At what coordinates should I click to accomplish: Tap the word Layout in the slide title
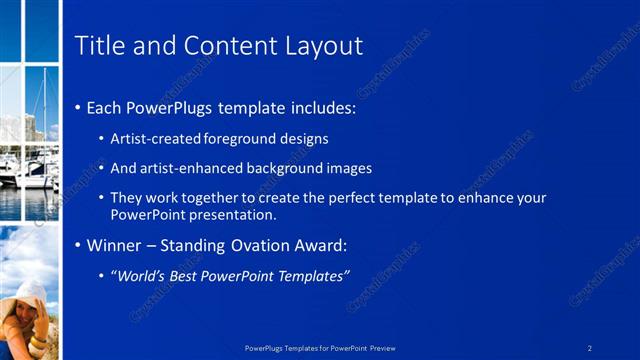click(323, 46)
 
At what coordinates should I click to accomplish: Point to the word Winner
click(115, 245)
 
